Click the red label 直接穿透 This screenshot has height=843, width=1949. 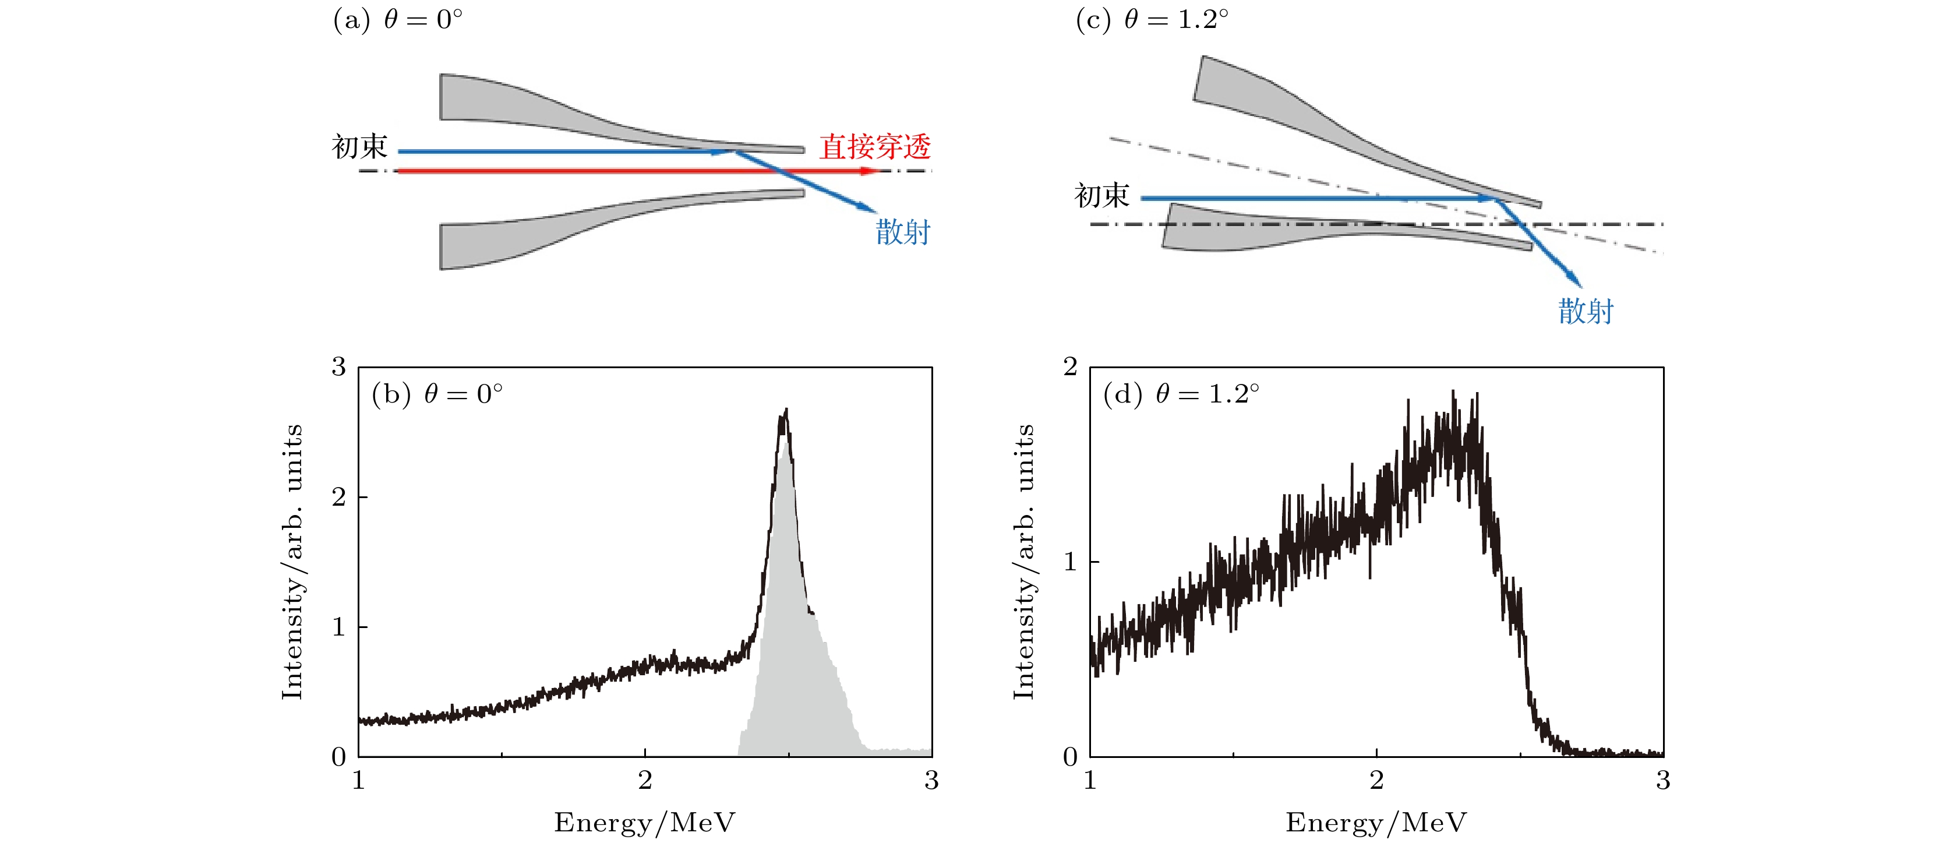[875, 146]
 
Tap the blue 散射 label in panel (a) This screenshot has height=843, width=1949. [903, 231]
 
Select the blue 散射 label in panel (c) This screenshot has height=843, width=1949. [1586, 311]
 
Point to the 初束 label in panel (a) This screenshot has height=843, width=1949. [359, 146]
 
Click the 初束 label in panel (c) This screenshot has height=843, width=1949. [1101, 196]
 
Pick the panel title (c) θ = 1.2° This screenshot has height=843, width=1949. [1152, 19]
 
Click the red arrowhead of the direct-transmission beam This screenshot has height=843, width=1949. [870, 171]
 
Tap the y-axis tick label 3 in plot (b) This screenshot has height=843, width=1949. [339, 367]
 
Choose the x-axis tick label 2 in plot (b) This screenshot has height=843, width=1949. [645, 780]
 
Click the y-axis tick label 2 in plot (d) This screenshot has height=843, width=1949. [1070, 367]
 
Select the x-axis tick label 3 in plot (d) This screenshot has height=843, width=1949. [1663, 780]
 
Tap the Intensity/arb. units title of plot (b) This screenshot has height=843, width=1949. [292, 562]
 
